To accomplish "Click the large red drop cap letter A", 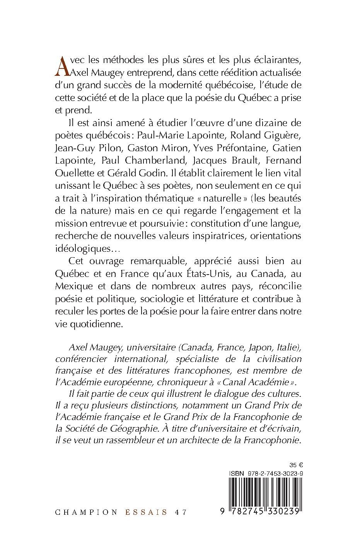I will coord(63,66).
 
